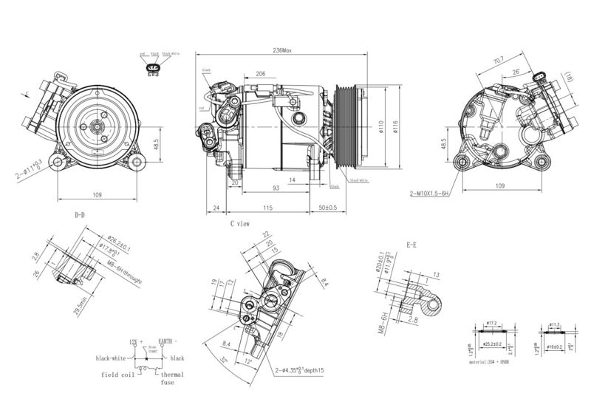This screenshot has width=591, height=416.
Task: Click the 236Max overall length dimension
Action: point(283,51)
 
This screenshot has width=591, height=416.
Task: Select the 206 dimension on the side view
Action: point(261,74)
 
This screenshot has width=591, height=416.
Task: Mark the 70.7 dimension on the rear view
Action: point(497,59)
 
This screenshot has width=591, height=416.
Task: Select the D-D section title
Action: point(80,216)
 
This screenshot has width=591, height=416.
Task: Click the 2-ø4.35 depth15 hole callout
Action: point(299,370)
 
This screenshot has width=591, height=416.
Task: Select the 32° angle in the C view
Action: point(222,362)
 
